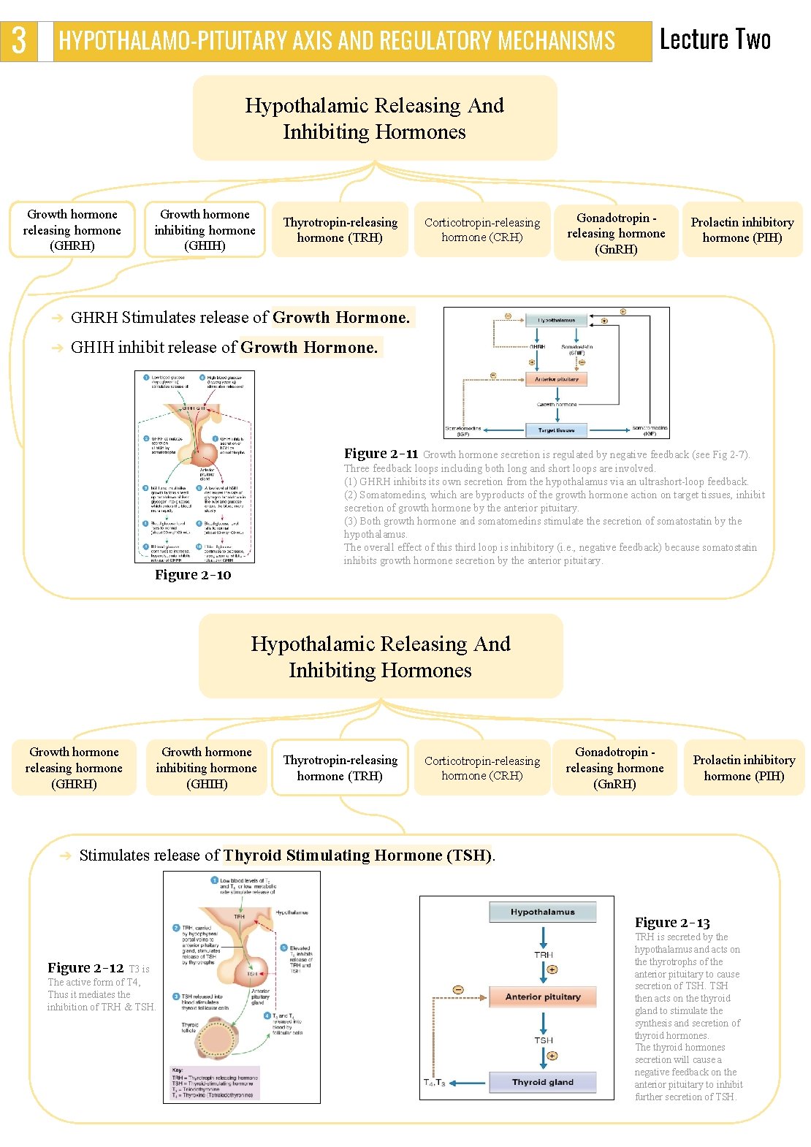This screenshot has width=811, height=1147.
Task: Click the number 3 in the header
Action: [x=19, y=40]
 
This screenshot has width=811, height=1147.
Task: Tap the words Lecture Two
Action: [x=715, y=39]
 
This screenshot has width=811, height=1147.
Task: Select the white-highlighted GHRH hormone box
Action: [x=72, y=230]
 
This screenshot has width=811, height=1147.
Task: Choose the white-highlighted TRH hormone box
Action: [x=340, y=768]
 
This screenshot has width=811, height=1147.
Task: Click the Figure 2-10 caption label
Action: [x=193, y=575]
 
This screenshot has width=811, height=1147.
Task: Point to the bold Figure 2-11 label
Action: [x=381, y=454]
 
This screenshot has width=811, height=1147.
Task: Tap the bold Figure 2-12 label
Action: [x=85, y=968]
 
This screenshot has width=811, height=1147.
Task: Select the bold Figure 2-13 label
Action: [x=672, y=923]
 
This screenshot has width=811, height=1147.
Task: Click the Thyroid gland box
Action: [x=543, y=1082]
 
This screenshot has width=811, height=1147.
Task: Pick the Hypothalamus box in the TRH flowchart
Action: [x=543, y=912]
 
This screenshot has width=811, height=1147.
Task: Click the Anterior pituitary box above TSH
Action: [x=543, y=997]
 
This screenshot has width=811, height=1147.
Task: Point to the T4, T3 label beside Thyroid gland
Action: [x=434, y=1083]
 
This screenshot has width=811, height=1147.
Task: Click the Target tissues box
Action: [x=557, y=430]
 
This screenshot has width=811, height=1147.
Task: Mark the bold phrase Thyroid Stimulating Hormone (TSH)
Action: [x=357, y=856]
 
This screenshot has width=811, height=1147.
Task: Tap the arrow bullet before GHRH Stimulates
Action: [x=58, y=318]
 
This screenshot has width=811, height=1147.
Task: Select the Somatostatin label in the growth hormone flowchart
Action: [x=576, y=348]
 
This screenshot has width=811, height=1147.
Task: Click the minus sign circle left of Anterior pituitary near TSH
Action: [x=458, y=989]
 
